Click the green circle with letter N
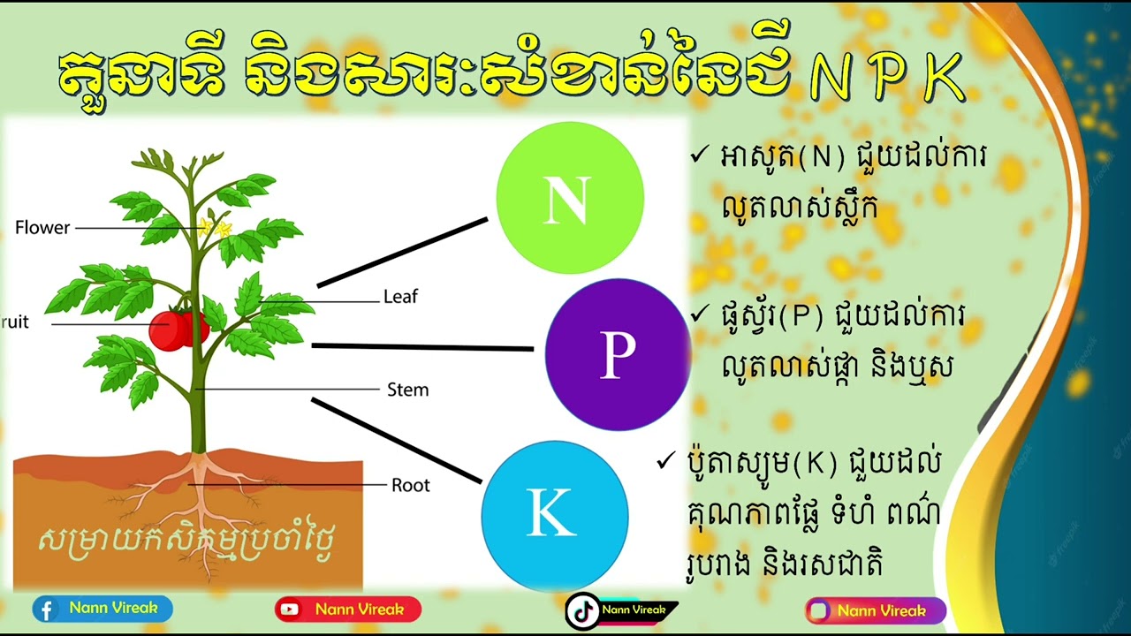(x=570, y=198)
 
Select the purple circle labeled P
(x=618, y=354)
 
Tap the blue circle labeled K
(x=554, y=515)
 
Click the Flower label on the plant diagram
(x=42, y=228)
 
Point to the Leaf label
(x=400, y=297)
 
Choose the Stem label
(x=407, y=390)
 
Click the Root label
(x=410, y=485)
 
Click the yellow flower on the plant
(x=214, y=228)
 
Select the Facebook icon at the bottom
(x=47, y=609)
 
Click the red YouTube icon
(x=289, y=609)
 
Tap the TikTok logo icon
(x=582, y=610)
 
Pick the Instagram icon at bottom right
(x=819, y=610)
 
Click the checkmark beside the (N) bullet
(x=699, y=155)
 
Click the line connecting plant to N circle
(x=402, y=253)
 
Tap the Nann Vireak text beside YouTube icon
(x=359, y=609)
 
